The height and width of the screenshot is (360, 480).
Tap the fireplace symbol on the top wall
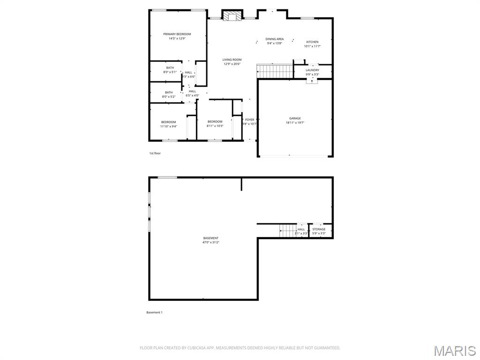tap(231, 16)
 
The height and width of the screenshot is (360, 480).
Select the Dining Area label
tap(274, 39)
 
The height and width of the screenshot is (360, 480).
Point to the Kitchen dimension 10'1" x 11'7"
tap(312, 46)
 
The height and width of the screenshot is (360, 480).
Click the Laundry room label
tap(312, 70)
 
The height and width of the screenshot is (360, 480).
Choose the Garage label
tap(295, 118)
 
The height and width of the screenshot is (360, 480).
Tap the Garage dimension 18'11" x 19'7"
tap(295, 123)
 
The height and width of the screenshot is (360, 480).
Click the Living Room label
tap(232, 60)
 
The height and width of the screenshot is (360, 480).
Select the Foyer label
tap(249, 120)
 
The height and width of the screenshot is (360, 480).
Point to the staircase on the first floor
tap(275, 72)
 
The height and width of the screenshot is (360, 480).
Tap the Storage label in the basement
tap(319, 229)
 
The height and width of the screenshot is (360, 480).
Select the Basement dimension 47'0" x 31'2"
tap(210, 242)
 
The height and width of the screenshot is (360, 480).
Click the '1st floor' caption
tap(155, 153)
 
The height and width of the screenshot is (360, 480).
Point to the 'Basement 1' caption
tap(154, 313)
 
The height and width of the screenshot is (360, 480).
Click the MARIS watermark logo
tap(455, 351)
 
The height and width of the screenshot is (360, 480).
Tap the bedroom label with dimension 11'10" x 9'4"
tap(168, 122)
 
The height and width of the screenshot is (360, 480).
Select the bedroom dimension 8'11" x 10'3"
tap(215, 126)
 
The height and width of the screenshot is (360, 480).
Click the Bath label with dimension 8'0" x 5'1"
tap(170, 67)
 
